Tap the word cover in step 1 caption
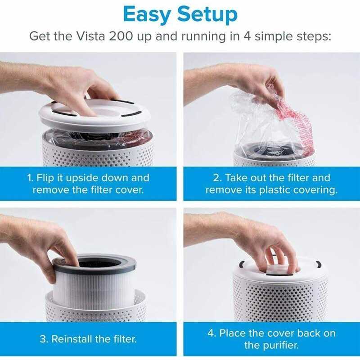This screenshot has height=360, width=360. point(130,189)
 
